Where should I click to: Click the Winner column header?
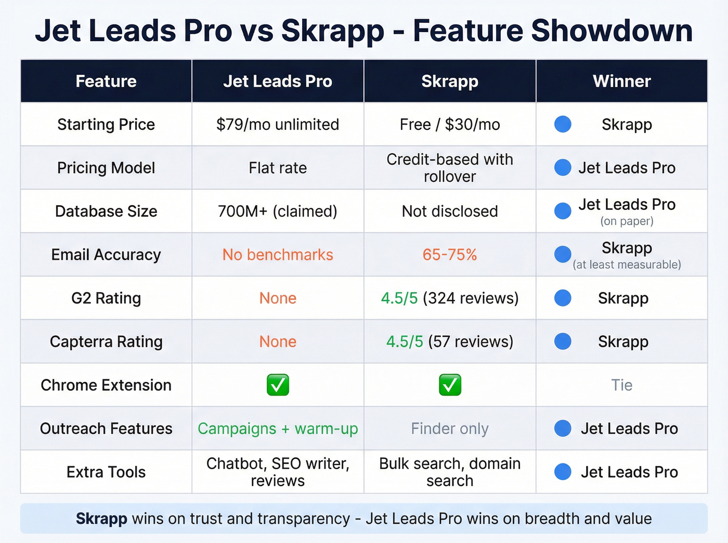(621, 81)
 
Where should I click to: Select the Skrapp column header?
(450, 81)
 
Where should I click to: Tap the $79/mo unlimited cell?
(278, 125)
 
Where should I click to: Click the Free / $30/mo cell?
(450, 125)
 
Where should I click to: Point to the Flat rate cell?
(278, 168)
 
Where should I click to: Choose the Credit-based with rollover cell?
(450, 168)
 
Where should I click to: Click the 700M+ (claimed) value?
(278, 211)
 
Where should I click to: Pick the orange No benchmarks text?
(278, 255)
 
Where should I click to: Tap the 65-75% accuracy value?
(450, 255)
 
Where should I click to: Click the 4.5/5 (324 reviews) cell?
(450, 298)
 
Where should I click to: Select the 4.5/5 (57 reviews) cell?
(450, 341)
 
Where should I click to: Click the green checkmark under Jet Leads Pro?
(278, 385)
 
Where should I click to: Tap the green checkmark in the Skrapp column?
(450, 385)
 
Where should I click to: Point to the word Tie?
(621, 385)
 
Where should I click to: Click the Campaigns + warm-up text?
(278, 429)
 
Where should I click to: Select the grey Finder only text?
(450, 429)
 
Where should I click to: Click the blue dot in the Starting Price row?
(563, 124)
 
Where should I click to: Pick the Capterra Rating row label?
(106, 341)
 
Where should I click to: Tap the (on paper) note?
(627, 221)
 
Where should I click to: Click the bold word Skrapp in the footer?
(101, 519)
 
